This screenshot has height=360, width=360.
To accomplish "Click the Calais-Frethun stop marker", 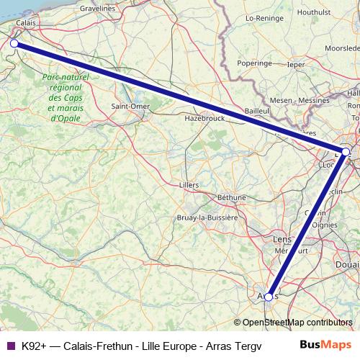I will tap(14, 43).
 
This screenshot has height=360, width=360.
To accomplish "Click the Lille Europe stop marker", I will tap(346, 152).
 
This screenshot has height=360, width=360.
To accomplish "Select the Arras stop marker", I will tap(269, 297).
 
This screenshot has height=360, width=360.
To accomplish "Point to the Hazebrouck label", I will tap(205, 117).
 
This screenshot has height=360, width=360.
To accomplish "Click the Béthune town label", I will tap(231, 197).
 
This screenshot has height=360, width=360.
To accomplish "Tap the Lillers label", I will tap(188, 184).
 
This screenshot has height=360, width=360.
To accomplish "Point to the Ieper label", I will tap(296, 63).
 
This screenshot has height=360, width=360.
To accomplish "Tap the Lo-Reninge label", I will tap(263, 17).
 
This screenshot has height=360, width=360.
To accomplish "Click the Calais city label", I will tap(25, 23).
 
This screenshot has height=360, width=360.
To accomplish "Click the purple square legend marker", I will tap(11, 345).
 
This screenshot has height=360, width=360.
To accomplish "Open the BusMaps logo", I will tap(325, 344).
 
